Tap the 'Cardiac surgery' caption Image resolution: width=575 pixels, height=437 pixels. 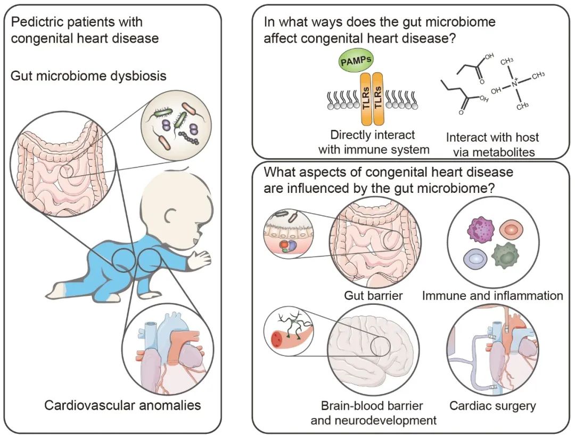492,406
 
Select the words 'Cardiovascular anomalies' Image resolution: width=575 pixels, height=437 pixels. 122,405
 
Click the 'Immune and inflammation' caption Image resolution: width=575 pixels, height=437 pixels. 492,295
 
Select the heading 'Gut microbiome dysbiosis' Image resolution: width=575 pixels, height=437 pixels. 88,76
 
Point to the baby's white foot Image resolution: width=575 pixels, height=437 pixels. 56,292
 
